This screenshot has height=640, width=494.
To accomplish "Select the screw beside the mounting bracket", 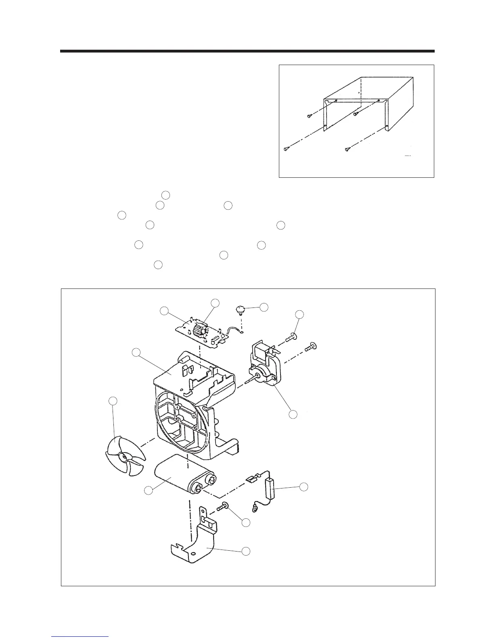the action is pyautogui.click(x=224, y=505).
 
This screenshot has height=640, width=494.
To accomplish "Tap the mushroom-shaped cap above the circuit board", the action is pyautogui.click(x=241, y=309).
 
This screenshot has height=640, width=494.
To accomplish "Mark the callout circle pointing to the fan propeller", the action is pyautogui.click(x=113, y=401).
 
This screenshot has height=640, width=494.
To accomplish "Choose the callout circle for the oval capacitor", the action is pyautogui.click(x=149, y=490).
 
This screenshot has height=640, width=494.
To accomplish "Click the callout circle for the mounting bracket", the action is pyautogui.click(x=245, y=551).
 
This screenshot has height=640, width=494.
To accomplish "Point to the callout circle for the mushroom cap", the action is pyautogui.click(x=264, y=307).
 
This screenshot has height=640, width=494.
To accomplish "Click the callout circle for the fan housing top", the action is pyautogui.click(x=136, y=352).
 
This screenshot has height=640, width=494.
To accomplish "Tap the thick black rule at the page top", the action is pyautogui.click(x=247, y=51).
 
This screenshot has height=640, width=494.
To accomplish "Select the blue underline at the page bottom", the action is pyautogui.click(x=80, y=636).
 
